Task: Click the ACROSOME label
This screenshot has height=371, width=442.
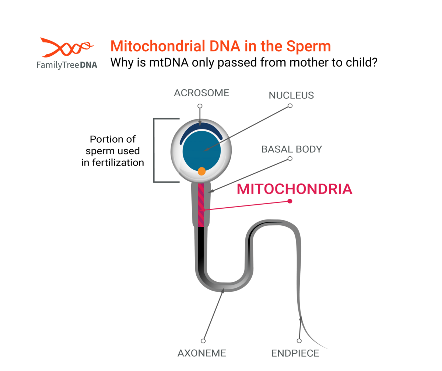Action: coord(201,93)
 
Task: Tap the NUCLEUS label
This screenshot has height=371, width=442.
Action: coord(291,95)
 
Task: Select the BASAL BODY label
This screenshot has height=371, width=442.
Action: coord(292,149)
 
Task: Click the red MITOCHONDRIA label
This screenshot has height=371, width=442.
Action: coord(294,189)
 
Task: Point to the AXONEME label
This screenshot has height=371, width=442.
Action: coord(202,353)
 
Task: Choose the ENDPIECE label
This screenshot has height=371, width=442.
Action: coord(295,353)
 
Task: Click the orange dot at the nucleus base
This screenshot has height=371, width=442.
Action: coord(201,171)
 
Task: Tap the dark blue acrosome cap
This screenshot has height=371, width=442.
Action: coord(201,131)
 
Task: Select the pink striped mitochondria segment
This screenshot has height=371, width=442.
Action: coord(201,205)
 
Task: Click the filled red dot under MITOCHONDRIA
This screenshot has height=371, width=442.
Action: coord(290,201)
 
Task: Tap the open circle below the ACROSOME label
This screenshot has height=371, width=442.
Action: coord(200,106)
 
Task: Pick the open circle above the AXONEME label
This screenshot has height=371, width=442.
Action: coord(203,341)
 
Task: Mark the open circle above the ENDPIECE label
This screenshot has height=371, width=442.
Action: coord(299,341)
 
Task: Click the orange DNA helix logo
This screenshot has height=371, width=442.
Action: coord(67,47)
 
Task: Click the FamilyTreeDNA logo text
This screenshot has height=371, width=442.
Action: coord(67,65)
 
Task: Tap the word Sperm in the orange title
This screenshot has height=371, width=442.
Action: coord(308,46)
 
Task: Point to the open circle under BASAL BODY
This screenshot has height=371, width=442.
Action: coord(290,159)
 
